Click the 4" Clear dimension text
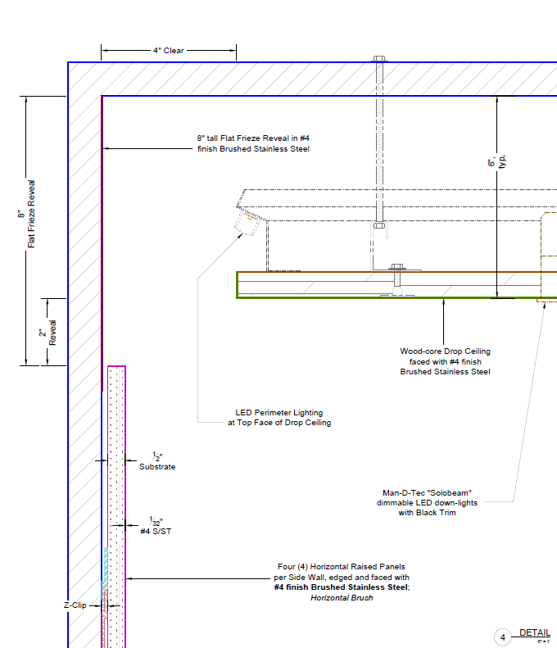click(x=168, y=51)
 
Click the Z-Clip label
click(x=76, y=605)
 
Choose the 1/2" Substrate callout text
click(x=156, y=461)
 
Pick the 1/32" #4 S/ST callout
click(x=155, y=526)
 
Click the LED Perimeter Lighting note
click(x=278, y=418)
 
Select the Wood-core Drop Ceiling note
click(x=445, y=361)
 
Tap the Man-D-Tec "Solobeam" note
click(x=427, y=502)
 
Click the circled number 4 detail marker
click(x=504, y=637)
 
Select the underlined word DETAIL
click(x=534, y=632)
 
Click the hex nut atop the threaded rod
click(x=379, y=60)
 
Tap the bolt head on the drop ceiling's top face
click(x=397, y=266)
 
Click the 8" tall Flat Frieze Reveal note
click(x=253, y=143)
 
